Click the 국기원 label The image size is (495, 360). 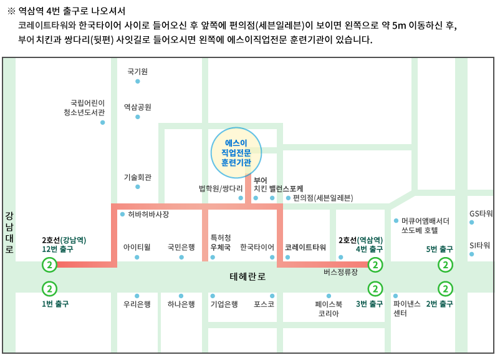point(137,72)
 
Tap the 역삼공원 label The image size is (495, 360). point(137,107)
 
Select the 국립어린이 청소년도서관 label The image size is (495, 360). point(88,108)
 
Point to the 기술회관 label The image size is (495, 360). point(137,177)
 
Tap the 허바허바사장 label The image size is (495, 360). point(148,214)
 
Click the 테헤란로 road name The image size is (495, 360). point(247,277)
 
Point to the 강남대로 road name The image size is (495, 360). point(9,232)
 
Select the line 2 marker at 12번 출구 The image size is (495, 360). point(49,265)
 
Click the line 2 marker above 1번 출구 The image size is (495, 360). point(49,288)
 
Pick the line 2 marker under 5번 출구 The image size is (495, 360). point(445,265)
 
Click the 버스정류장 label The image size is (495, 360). point(340,272)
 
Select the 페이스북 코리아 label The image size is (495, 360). point(329,309)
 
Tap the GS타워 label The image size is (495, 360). point(481,214)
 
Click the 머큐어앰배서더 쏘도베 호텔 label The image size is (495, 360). point(426,225)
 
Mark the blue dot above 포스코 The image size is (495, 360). point(272,296)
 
